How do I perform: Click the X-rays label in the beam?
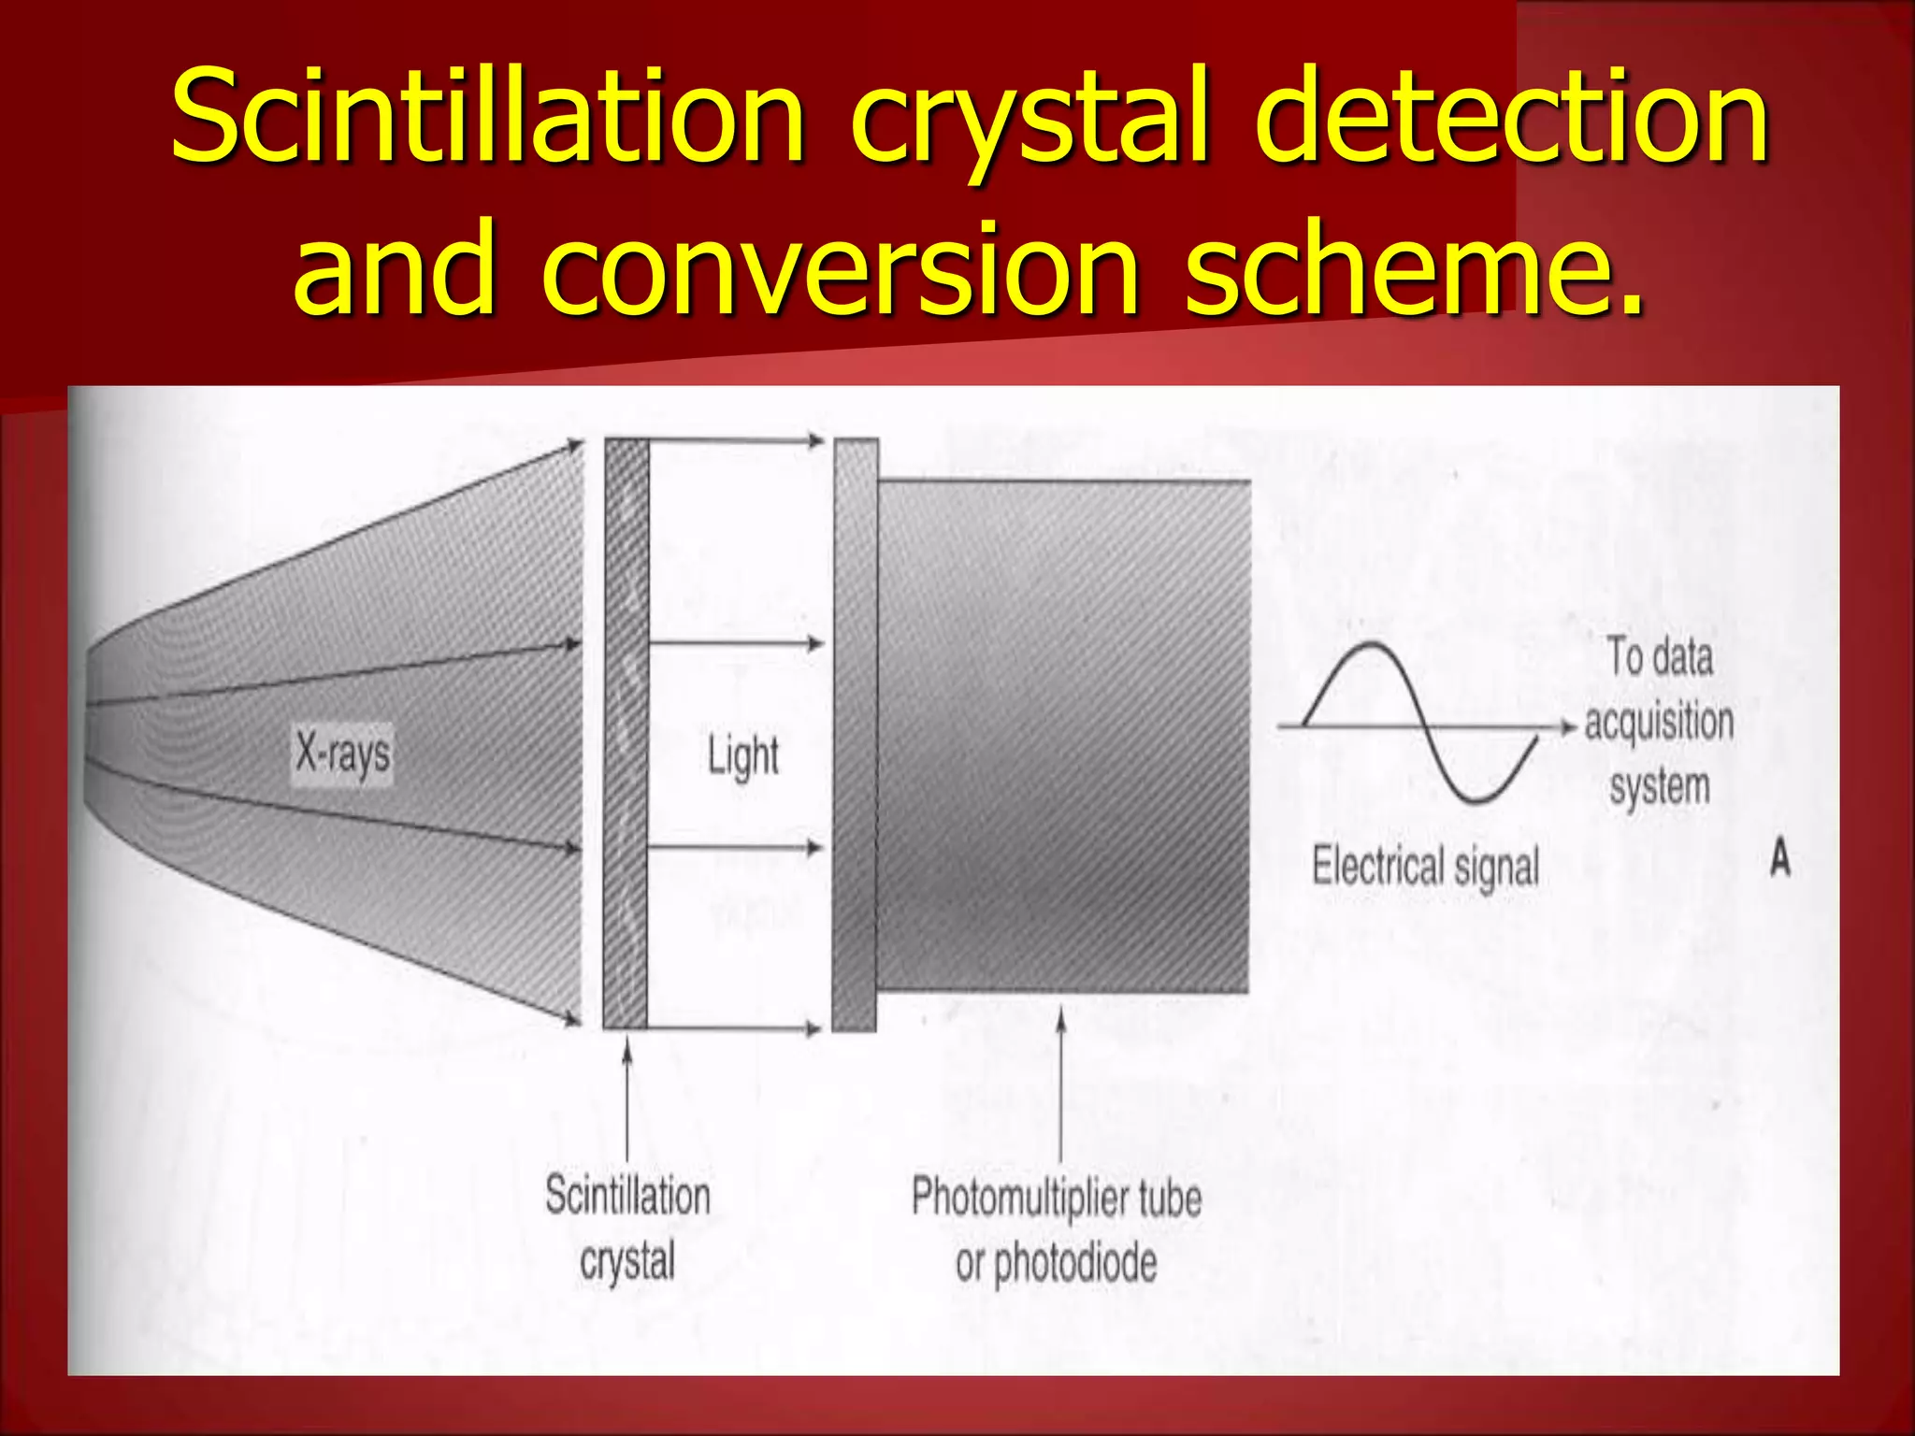pyautogui.click(x=343, y=753)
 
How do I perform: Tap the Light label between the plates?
pyautogui.click(x=742, y=755)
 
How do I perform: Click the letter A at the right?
pyautogui.click(x=1779, y=858)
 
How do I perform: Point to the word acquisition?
pyautogui.click(x=1659, y=723)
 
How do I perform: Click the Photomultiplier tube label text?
pyautogui.click(x=1057, y=1198)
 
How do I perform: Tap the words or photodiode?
pyautogui.click(x=1057, y=1263)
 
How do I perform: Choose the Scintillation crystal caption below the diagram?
pyautogui.click(x=627, y=1227)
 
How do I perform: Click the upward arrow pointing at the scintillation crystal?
pyautogui.click(x=627, y=1103)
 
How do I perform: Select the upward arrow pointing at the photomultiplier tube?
pyautogui.click(x=1060, y=1084)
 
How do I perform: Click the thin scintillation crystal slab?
pyautogui.click(x=626, y=734)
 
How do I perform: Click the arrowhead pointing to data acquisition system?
pyautogui.click(x=1570, y=726)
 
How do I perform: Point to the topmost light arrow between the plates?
pyautogui.click(x=734, y=440)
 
